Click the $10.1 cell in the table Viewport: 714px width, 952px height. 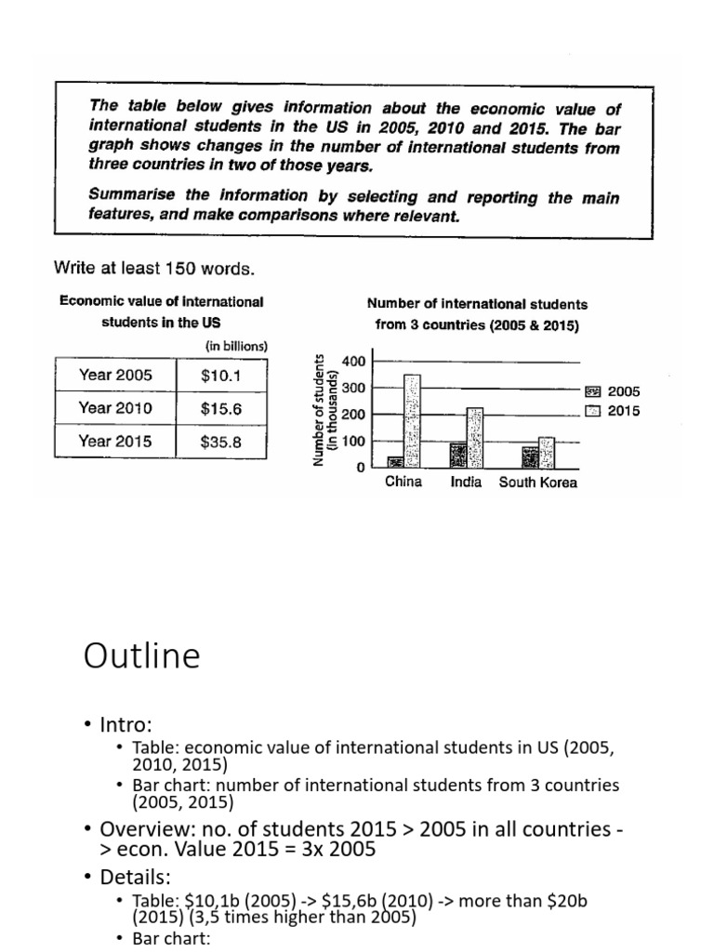220,376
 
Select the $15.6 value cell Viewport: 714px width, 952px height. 220,408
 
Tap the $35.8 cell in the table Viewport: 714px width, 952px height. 220,442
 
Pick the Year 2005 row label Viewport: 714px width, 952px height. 114,376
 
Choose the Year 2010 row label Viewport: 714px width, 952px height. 114,408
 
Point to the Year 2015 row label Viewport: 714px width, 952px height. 114,442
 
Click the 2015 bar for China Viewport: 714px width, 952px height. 412,421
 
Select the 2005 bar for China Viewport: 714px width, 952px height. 395,461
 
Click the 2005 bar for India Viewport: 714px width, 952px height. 457,456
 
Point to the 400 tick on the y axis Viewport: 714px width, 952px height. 353,361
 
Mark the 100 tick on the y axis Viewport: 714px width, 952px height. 353,441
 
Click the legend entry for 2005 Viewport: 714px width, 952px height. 614,392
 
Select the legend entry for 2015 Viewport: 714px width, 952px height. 614,411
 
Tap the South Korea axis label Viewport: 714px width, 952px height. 538,483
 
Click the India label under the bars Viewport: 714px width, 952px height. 466,483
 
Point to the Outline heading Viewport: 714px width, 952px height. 141,656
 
